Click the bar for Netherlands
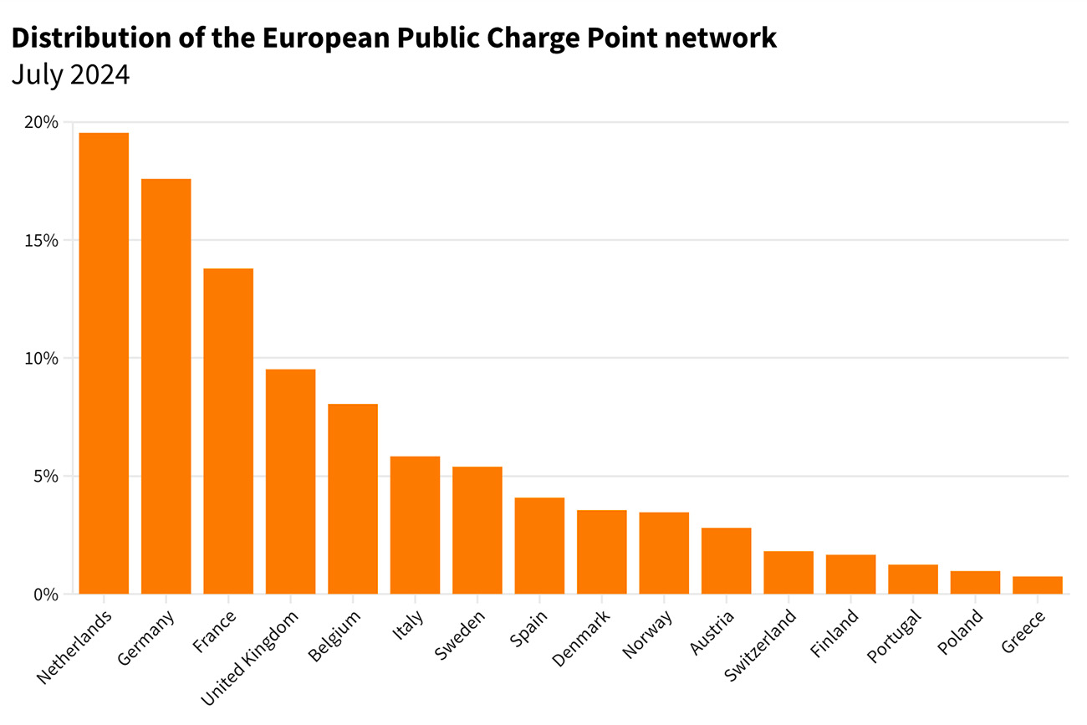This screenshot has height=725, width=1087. [104, 364]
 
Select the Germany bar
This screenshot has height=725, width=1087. [166, 386]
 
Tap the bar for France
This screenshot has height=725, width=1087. [228, 431]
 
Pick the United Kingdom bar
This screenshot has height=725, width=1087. [290, 482]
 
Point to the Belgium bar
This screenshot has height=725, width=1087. [353, 499]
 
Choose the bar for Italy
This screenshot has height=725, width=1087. [415, 525]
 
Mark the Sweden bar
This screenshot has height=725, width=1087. [477, 530]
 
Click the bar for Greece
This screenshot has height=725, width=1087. [1038, 585]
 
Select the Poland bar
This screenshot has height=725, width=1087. [975, 583]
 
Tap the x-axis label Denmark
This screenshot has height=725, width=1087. [582, 639]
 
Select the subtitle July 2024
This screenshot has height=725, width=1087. [71, 75]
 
